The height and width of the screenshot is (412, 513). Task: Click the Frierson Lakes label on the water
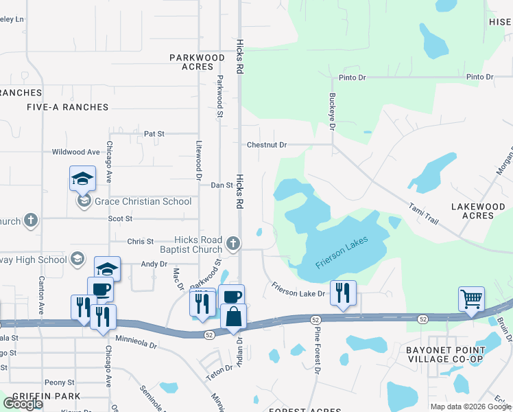(342, 252)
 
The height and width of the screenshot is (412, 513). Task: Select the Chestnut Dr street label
(267, 145)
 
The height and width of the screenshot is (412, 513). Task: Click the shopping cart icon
(471, 299)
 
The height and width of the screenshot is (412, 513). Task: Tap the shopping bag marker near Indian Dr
(234, 317)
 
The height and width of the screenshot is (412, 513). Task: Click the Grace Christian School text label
(143, 201)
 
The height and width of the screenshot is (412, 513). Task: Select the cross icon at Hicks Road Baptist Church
(234, 243)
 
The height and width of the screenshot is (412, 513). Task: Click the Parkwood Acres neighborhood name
(198, 62)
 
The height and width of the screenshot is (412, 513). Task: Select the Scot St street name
(120, 218)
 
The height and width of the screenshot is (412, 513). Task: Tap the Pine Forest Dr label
(318, 350)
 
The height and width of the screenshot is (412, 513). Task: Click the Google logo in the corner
(23, 403)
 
